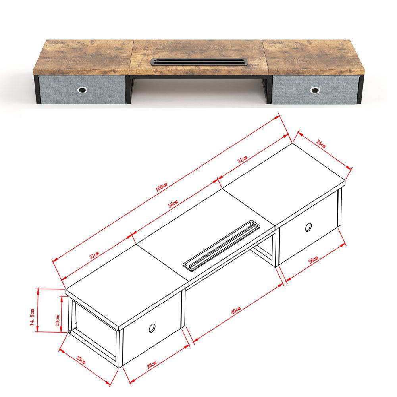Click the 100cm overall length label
161,187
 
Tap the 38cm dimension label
173,204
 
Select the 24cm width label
321,144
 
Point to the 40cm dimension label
236,310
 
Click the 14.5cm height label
32,316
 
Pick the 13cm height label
58,320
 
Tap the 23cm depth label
81,360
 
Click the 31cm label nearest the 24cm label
242,160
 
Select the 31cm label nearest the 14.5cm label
94,255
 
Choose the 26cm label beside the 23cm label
152,365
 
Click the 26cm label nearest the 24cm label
313,260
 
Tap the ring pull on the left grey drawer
83,90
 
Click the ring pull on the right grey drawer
315,90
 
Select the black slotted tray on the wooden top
199,62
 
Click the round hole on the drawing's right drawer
308,227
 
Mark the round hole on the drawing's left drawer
152,328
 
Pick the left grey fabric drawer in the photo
82,89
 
